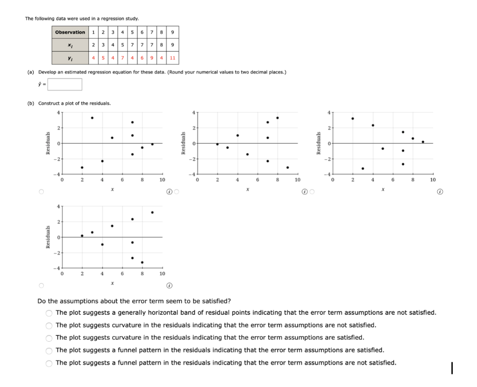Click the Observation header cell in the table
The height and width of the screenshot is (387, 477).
(70, 32)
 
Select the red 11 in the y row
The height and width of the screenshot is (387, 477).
(172, 59)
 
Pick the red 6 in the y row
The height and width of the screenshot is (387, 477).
(142, 59)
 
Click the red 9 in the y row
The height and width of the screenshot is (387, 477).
(152, 59)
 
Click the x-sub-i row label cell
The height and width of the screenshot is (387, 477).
(70, 46)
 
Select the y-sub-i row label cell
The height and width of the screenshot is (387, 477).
(70, 59)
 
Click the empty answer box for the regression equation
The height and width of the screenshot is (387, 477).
(64, 84)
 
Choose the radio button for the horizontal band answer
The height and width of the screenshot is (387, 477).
(49, 312)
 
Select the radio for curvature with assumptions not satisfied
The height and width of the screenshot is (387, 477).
(49, 325)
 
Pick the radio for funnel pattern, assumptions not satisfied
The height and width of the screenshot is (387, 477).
(49, 363)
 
